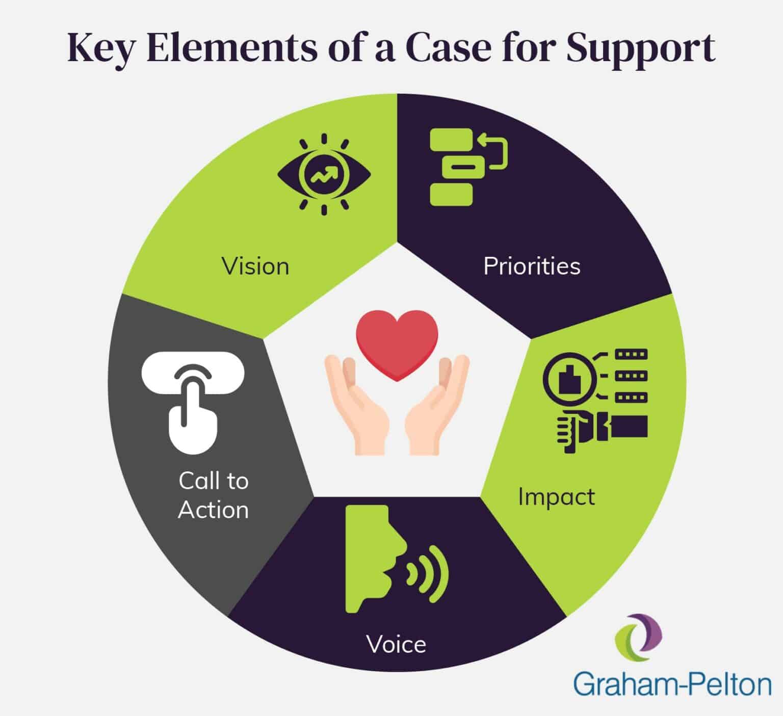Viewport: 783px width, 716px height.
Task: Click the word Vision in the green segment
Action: pyautogui.click(x=255, y=266)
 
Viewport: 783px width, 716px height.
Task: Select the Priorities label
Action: pyautogui.click(x=532, y=266)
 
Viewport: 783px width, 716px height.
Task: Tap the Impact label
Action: pyautogui.click(x=556, y=496)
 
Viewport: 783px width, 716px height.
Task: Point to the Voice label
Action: pyautogui.click(x=396, y=644)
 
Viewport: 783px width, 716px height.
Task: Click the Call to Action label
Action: pyautogui.click(x=214, y=495)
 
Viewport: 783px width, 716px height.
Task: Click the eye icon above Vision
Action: pyautogui.click(x=324, y=175)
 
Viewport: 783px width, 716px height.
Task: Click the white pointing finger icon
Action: pyautogui.click(x=193, y=403)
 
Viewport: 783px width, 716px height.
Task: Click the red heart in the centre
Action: pyautogui.click(x=397, y=344)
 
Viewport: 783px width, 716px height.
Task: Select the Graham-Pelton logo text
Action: pyautogui.click(x=672, y=683)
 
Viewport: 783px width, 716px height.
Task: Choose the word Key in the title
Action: pyautogui.click(x=100, y=49)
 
